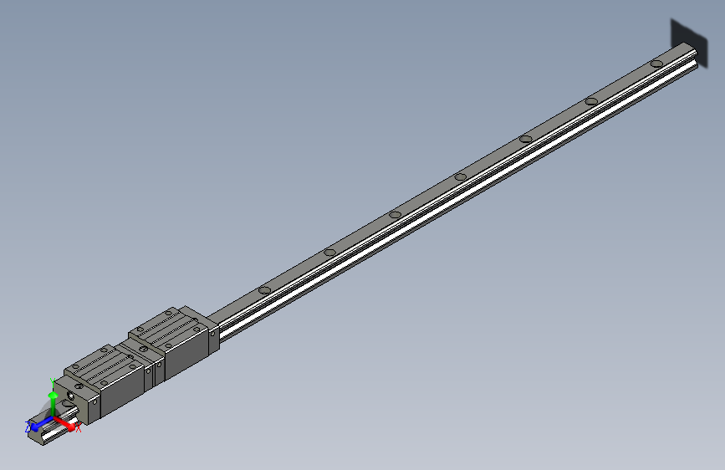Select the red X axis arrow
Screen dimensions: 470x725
(x=66, y=423)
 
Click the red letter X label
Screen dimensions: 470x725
(x=79, y=429)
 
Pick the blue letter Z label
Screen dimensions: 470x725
(x=28, y=427)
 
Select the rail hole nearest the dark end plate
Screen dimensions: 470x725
(x=657, y=64)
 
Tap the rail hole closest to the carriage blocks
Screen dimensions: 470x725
(x=264, y=290)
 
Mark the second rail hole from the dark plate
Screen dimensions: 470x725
(x=591, y=101)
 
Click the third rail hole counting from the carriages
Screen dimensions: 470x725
(x=396, y=214)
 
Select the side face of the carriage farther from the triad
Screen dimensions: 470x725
(x=187, y=352)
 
